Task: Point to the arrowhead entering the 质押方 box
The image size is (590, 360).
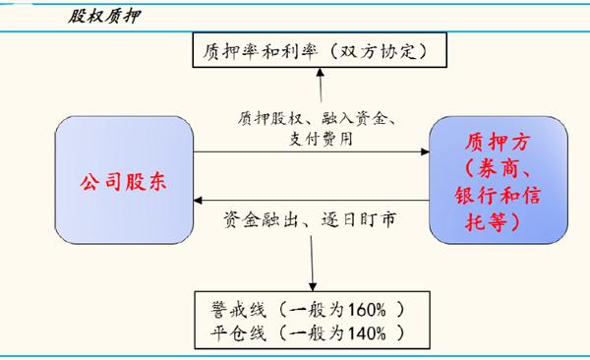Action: pyautogui.click(x=425, y=151)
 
